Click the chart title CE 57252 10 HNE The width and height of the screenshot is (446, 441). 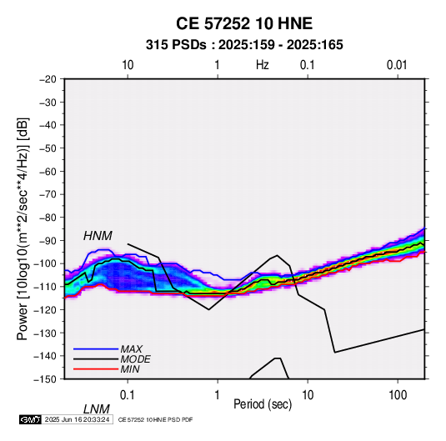click(244, 23)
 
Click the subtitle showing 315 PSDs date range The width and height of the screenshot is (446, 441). click(244, 45)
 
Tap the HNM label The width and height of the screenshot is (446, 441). click(98, 236)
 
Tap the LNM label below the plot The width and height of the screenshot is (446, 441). click(96, 409)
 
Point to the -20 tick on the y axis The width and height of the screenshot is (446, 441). click(48, 79)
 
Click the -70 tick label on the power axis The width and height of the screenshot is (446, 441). click(48, 194)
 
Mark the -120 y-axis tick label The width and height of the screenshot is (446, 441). click(45, 309)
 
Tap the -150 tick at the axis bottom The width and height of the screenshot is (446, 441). click(45, 379)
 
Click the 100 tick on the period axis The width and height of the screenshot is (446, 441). click(398, 394)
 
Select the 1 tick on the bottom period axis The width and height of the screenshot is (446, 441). click(218, 394)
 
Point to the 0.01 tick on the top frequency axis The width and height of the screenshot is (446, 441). click(397, 65)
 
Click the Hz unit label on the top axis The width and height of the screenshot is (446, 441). click(263, 65)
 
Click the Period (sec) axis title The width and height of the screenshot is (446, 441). click(263, 404)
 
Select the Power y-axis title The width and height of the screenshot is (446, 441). click(23, 228)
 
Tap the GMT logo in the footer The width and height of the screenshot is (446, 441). click(30, 419)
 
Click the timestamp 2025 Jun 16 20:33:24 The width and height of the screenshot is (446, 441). click(77, 419)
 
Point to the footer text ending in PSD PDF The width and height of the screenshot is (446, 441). click(155, 419)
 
